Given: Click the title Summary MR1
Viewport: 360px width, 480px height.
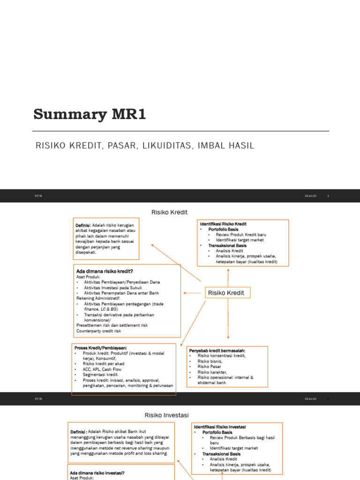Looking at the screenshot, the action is (x=90, y=114).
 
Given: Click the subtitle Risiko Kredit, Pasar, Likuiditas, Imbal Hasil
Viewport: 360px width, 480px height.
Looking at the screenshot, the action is (x=145, y=146).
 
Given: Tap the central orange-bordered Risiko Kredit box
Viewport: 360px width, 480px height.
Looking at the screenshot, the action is (x=228, y=293).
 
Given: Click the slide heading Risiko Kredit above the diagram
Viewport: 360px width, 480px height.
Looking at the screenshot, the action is (x=169, y=212).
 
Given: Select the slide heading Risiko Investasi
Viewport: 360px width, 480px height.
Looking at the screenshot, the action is (x=166, y=415).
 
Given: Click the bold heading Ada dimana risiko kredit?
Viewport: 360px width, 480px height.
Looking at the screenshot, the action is (x=105, y=271).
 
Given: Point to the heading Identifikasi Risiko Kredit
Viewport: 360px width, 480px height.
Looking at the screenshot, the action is (x=223, y=224).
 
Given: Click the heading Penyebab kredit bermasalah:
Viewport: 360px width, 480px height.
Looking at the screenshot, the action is (x=217, y=351).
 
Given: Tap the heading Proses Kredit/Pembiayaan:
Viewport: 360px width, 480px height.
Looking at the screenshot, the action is (x=101, y=347).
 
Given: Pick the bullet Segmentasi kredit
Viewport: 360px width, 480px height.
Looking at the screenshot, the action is (x=100, y=375).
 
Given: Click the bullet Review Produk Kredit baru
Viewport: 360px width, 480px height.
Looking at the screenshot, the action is (x=241, y=235).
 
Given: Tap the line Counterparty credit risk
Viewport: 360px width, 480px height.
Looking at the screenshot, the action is (x=98, y=331).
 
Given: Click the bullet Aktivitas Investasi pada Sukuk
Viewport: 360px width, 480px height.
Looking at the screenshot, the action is (x=113, y=287).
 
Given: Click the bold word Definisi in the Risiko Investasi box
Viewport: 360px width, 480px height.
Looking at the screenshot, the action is (x=78, y=432).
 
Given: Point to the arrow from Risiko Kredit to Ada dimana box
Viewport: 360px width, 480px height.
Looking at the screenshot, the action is (x=193, y=293).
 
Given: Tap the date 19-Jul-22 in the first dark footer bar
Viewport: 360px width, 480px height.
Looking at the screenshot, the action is (x=310, y=196).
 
